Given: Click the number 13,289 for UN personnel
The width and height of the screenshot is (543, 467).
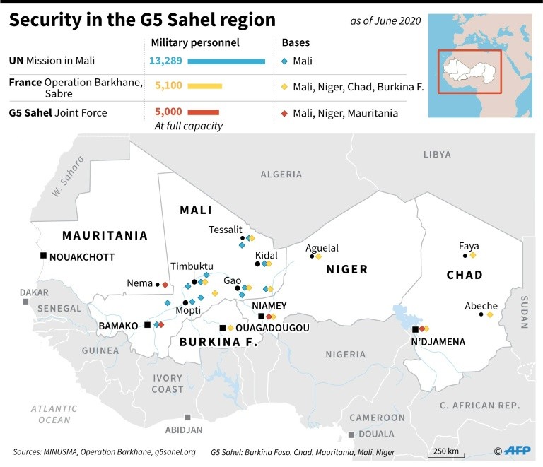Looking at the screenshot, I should [x=165, y=61].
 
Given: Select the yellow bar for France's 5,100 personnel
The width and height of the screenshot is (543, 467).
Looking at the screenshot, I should [x=205, y=86].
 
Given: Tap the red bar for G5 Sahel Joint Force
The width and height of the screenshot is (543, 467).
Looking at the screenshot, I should [x=204, y=112].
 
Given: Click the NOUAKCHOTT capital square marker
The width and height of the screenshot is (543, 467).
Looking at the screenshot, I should [x=43, y=256].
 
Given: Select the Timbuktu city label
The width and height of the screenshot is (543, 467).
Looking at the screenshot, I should [x=192, y=266].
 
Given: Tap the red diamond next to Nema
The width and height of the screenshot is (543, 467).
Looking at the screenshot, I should [x=165, y=284].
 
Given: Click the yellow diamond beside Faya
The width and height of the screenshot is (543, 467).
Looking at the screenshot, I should [x=473, y=255].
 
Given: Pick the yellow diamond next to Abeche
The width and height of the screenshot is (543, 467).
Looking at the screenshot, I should [x=489, y=314].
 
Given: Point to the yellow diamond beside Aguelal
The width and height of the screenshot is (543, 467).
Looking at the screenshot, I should [x=318, y=256].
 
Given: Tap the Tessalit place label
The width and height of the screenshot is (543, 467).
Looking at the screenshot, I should [x=226, y=230].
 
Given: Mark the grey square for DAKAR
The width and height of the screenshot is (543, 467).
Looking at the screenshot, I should [x=25, y=302].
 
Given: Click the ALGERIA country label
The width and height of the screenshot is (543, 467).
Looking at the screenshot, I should [x=281, y=174].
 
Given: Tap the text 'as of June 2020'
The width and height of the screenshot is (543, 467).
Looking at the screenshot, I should [x=385, y=21].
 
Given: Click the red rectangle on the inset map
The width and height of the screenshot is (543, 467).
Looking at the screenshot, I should [x=469, y=71].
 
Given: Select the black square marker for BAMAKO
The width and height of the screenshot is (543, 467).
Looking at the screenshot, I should [x=147, y=325].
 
